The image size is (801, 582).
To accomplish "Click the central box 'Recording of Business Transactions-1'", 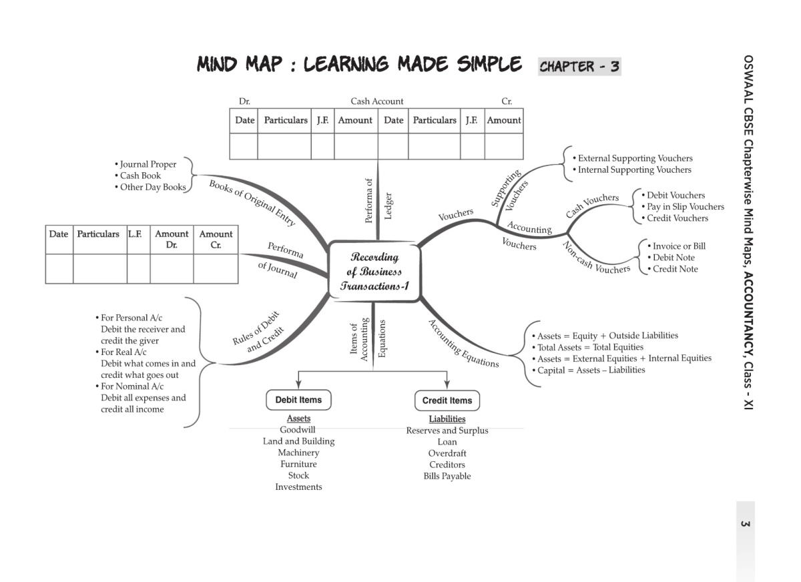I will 374,272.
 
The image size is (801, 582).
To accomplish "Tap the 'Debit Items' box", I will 298,400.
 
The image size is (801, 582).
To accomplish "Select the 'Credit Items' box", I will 447,400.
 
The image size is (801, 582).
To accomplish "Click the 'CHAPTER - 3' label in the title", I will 579,66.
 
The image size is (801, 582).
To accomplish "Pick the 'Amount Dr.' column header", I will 172,240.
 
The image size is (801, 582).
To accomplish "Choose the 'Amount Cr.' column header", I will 216,240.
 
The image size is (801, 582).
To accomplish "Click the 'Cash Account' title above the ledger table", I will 377,101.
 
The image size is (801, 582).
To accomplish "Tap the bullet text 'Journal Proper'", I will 148,164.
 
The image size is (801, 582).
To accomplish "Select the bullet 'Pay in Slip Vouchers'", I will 685,207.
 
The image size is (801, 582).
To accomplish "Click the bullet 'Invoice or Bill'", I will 678,246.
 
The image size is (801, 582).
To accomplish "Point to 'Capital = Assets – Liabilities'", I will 591,370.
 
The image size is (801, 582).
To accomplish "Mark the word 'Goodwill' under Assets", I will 298,430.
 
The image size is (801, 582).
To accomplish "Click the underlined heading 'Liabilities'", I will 447,419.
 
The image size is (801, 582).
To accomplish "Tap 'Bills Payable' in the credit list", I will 447,477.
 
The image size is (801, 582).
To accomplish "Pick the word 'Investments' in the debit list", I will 298,487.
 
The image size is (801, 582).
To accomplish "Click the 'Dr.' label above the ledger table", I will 244,101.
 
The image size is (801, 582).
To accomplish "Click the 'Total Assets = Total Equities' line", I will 590,347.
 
